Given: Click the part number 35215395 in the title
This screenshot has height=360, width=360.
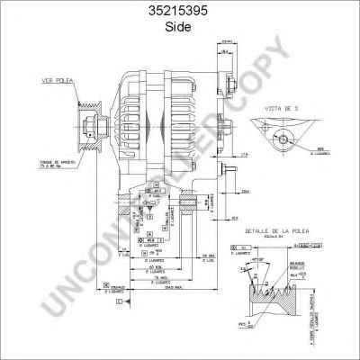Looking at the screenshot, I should click(179, 12).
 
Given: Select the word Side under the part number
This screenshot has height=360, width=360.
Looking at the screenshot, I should click(179, 27).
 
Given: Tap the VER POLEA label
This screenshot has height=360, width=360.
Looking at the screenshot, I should click(55, 80).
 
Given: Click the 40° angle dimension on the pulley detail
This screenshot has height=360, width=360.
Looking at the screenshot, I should click(263, 259).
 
